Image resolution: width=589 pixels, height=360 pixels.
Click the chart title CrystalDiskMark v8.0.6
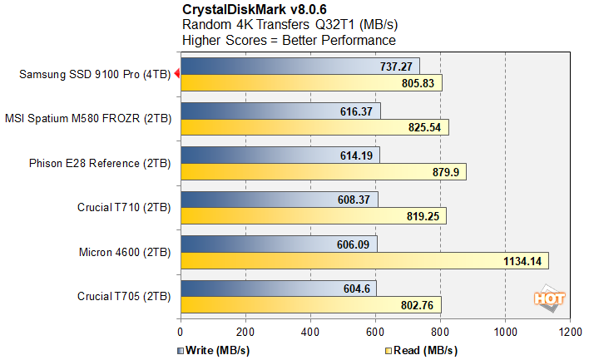[247, 10]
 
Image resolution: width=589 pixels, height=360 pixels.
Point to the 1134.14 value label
[522, 261]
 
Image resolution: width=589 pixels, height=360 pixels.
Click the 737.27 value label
[396, 67]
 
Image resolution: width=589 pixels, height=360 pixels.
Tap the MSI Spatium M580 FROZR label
[89, 119]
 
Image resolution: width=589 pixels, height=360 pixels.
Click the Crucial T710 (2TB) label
[124, 207]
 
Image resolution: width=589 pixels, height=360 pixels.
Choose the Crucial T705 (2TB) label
[124, 296]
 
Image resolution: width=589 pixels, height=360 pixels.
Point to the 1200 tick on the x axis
[570, 331]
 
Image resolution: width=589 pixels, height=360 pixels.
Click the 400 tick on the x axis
[310, 331]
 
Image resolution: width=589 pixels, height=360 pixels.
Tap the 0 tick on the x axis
[181, 331]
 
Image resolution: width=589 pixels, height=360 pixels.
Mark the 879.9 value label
[445, 172]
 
